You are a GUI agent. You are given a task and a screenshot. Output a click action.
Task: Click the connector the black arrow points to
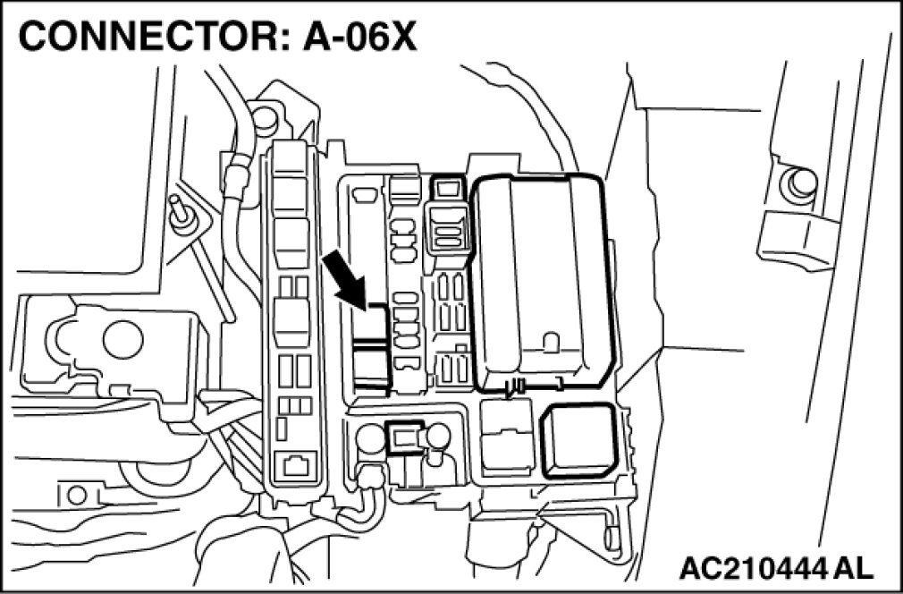pos(371,353)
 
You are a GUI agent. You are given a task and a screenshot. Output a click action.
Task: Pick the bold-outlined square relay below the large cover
pos(578,440)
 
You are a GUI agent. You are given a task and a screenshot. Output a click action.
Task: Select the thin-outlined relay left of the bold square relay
pos(507,438)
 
